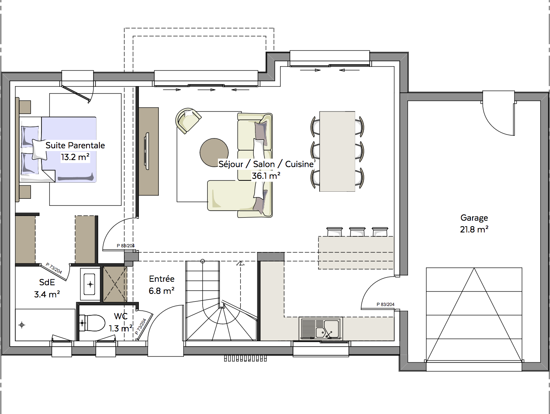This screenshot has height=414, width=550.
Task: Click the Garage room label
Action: tap(474, 218)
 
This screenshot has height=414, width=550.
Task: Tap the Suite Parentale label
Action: tap(75, 145)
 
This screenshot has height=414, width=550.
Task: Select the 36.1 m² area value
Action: tap(266, 176)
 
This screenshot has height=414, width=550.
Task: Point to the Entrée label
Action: tap(162, 279)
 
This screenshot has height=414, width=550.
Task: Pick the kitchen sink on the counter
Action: tap(321, 329)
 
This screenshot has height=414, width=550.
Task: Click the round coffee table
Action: tap(214, 152)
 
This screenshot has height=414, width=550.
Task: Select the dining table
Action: tap(337, 151)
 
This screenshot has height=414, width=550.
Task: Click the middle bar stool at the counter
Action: tap(357, 232)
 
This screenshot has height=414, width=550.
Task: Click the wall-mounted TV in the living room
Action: tap(147, 151)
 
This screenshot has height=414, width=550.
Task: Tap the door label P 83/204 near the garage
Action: tap(385, 304)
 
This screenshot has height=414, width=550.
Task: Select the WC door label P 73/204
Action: tap(140, 326)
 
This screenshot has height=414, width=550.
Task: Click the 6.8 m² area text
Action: tap(162, 291)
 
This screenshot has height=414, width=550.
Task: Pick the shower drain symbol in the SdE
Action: tap(22, 325)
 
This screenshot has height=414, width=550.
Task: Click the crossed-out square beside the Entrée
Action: tap(115, 284)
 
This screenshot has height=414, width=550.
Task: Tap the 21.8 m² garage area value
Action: tap(474, 230)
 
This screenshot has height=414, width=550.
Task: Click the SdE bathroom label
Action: tap(47, 283)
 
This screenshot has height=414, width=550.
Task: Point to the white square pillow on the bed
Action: tap(40, 149)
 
